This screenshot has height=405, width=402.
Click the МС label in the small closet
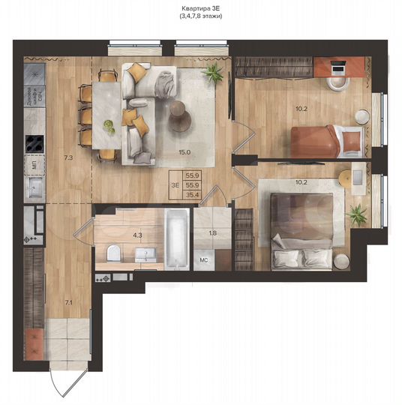pyautogui.click(x=202, y=260)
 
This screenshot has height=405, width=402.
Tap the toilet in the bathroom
pyautogui.click(x=112, y=253)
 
